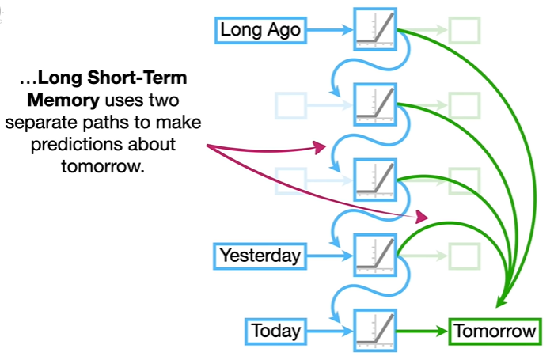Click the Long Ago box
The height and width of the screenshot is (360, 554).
tap(260, 31)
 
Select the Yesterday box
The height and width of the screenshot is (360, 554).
tap(260, 255)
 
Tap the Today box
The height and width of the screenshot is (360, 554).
tap(276, 331)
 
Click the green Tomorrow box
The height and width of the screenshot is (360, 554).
tap(495, 332)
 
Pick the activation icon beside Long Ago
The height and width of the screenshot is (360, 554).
tap(374, 30)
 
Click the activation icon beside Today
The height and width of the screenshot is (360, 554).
tap(374, 330)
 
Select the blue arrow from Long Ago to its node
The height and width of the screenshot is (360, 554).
tap(328, 31)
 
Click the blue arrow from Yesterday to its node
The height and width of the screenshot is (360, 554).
tap(328, 255)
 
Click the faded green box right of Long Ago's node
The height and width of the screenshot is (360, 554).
tap(465, 31)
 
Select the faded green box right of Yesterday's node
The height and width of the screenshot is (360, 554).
tap(465, 255)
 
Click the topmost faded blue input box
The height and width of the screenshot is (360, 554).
tap(289, 104)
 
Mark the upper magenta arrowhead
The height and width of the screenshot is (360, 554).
tap(320, 146)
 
